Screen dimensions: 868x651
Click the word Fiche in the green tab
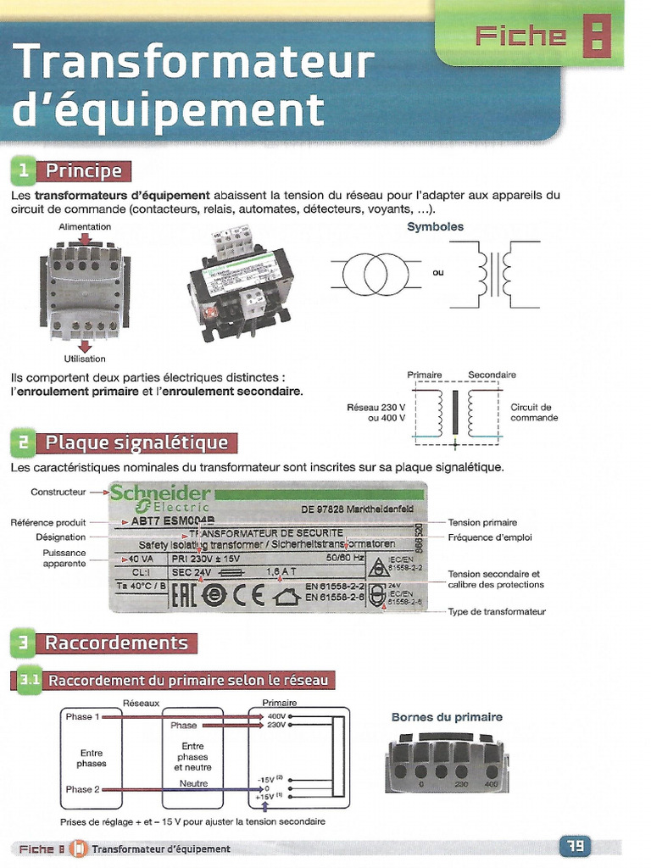tap(520, 36)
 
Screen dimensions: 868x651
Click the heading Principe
tap(83, 171)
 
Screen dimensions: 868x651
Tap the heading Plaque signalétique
tap(136, 442)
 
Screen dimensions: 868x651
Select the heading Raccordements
tap(116, 643)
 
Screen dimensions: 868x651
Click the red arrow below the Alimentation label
tap(85, 237)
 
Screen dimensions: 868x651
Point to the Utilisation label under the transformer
tap(85, 359)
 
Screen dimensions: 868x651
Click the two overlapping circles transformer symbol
tap(375, 272)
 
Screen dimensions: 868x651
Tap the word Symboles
tap(435, 227)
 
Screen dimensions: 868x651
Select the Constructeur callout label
tap(58, 492)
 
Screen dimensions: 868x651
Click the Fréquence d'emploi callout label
tap(490, 537)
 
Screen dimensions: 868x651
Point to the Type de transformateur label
tap(497, 611)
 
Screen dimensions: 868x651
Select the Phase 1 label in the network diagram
tap(82, 716)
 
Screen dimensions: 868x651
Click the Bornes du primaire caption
tap(447, 717)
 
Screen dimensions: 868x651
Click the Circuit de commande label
tap(534, 412)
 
